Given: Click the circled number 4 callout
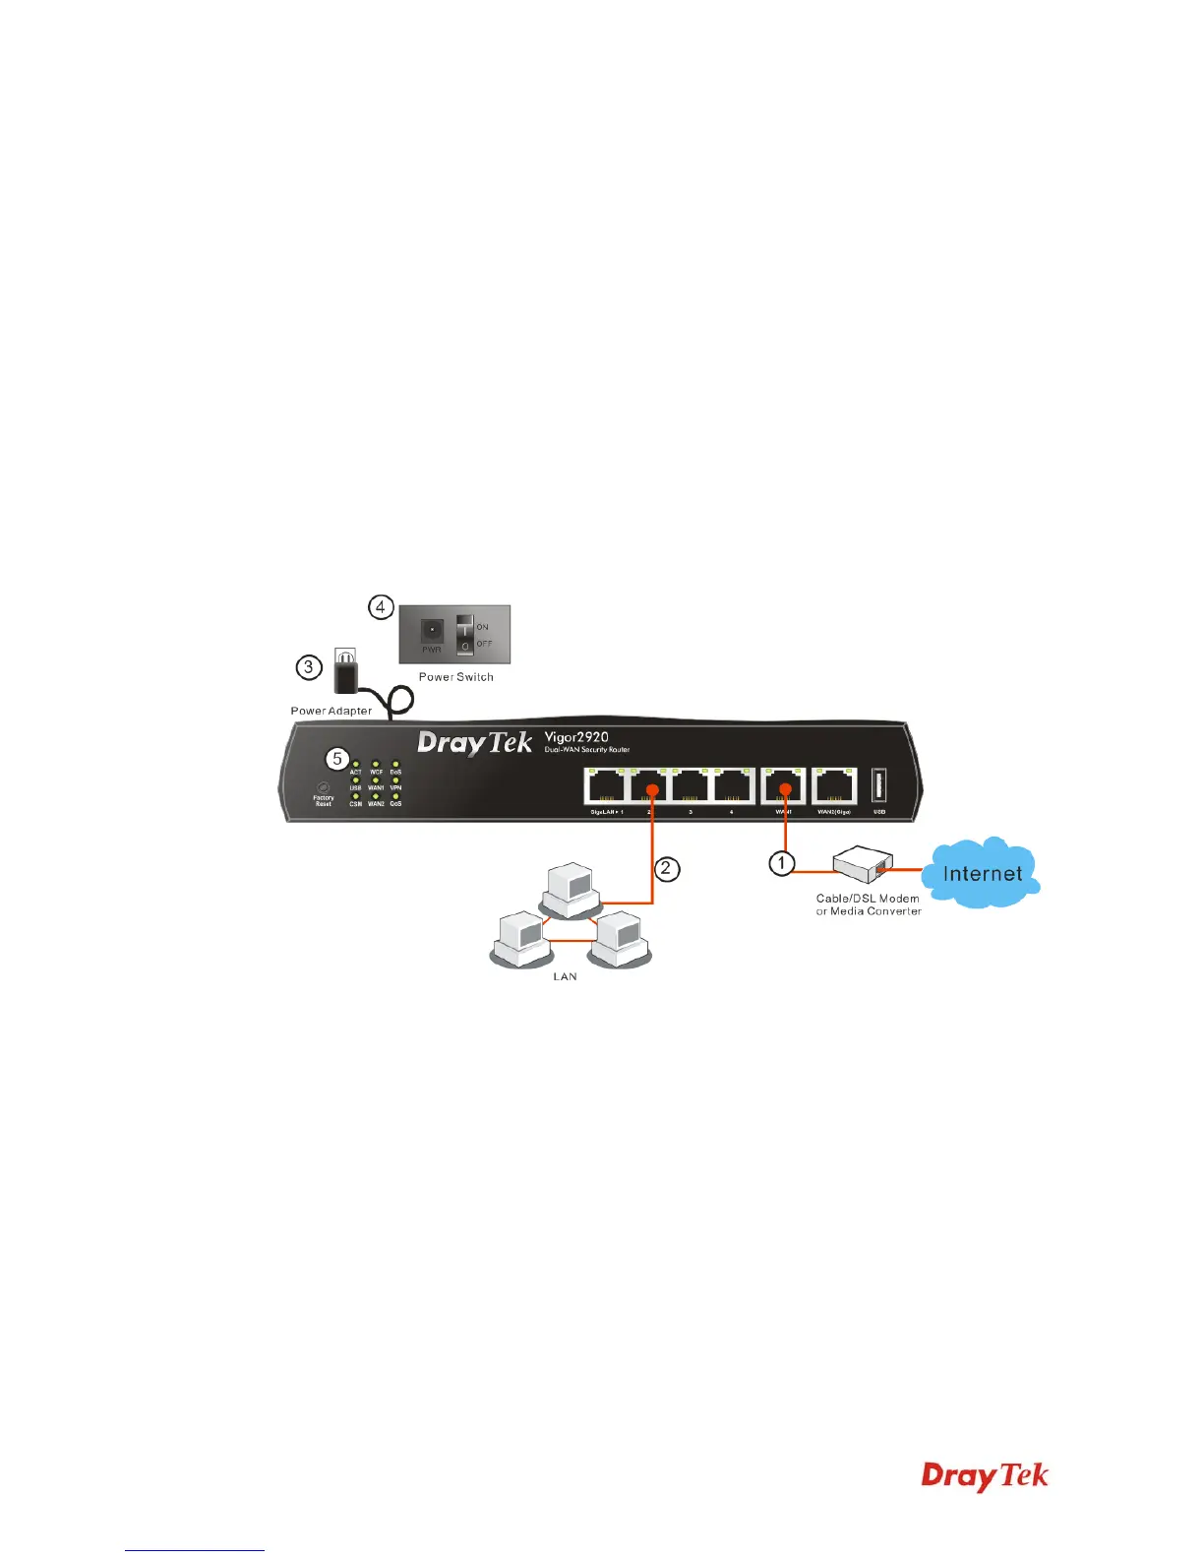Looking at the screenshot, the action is [381, 607].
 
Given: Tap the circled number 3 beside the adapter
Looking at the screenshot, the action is [309, 667].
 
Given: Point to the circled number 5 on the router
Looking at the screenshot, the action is [337, 759].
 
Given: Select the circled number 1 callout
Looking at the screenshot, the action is [781, 863].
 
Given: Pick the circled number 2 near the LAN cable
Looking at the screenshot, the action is [667, 868].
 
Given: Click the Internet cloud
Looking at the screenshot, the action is [982, 873].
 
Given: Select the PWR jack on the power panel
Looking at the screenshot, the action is [432, 631].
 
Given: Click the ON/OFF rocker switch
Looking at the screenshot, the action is [464, 634].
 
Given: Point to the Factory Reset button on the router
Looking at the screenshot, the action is [322, 786].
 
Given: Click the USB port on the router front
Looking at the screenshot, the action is [879, 787].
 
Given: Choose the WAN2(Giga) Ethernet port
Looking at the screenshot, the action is [834, 786].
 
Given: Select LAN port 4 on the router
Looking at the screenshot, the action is [733, 786].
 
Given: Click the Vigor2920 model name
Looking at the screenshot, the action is [576, 737].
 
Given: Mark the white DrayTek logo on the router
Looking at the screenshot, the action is [474, 743].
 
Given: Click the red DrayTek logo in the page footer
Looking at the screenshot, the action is [985, 1475].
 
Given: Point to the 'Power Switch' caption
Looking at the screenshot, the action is [455, 677].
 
